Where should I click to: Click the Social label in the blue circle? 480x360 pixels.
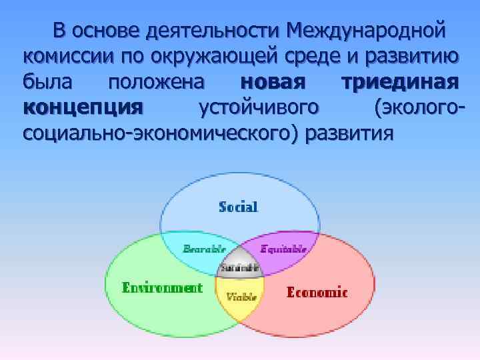click(238, 207)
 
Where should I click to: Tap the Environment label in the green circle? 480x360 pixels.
click(162, 288)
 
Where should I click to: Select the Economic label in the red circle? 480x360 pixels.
click(317, 292)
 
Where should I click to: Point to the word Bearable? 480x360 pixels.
click(204, 249)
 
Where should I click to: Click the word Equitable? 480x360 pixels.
click(283, 249)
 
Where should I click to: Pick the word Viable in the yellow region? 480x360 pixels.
click(241, 297)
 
